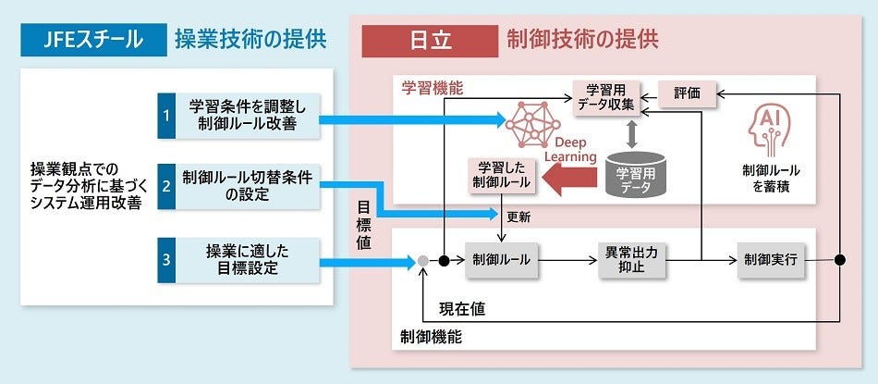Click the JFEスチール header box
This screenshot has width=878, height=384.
[89, 40]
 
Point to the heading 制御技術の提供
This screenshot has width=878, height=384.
[582, 40]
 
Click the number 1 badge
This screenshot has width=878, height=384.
[166, 116]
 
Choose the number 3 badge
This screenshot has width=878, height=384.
[166, 260]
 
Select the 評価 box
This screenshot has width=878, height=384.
[687, 93]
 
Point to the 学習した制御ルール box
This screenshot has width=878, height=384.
[502, 175]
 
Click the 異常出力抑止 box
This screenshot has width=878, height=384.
[631, 260]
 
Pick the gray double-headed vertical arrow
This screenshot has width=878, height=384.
[633, 135]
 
